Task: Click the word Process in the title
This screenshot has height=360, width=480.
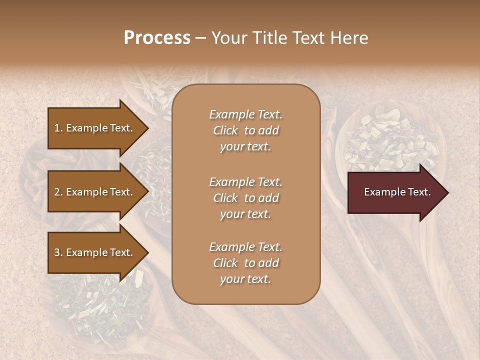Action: coord(157,38)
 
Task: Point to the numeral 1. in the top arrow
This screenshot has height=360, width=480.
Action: coord(58,128)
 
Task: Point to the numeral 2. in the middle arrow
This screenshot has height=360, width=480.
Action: coord(58,192)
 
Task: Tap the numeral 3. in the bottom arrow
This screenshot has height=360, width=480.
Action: coord(58,252)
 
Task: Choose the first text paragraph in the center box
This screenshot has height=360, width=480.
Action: coord(245,130)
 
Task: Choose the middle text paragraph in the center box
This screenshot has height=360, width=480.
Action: coord(245,198)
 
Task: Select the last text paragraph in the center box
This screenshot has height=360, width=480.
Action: coord(245,263)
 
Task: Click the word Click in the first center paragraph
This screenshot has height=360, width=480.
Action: coord(225,131)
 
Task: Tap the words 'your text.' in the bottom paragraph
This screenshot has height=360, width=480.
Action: coord(245,279)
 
